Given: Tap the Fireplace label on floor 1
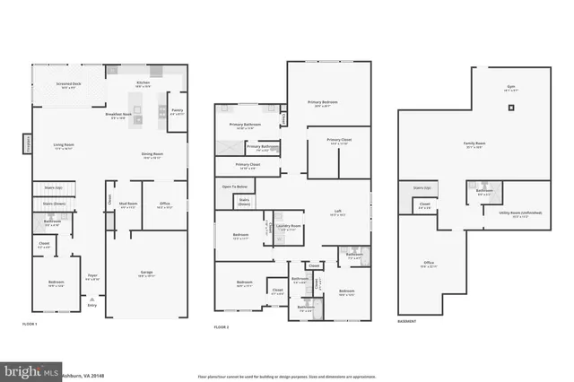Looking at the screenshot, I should coord(27,144).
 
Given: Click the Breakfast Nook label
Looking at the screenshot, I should coord(118,114).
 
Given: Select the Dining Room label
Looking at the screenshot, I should coord(152,154).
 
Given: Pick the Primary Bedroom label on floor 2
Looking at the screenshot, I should coord(323,103).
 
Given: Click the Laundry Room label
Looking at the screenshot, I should coord(287,226).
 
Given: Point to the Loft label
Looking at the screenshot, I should coord(337,213).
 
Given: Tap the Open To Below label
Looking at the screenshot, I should coord(234,186).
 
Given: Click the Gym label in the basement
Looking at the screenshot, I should coord(511,88).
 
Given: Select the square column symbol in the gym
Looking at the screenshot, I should coord(512,108).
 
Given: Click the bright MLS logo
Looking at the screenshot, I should coord(30,369).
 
